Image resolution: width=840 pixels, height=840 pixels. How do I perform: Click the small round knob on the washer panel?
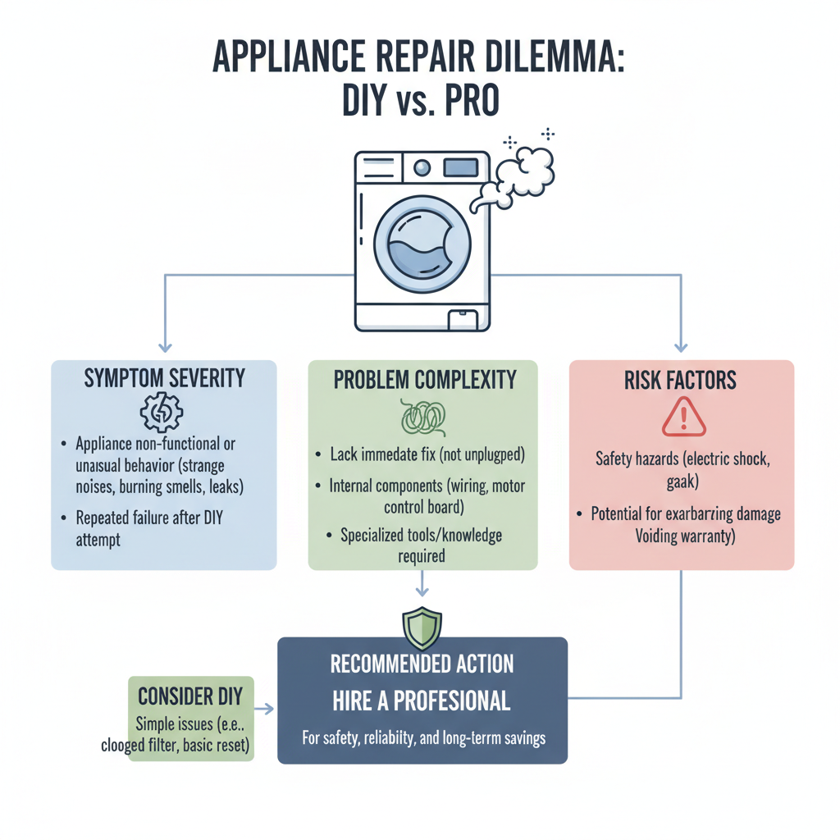click(x=422, y=168)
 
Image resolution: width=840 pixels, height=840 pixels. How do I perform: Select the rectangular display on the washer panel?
click(x=460, y=168)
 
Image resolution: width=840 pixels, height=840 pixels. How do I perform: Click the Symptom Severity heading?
click(x=164, y=378)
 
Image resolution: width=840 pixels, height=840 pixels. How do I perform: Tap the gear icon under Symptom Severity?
click(x=162, y=413)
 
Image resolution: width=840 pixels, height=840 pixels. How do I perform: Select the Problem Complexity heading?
click(x=424, y=380)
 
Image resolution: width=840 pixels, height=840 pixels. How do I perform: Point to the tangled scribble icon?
click(x=423, y=417)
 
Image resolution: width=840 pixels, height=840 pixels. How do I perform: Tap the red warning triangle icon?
click(x=683, y=417)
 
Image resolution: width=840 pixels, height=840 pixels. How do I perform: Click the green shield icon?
click(x=422, y=628)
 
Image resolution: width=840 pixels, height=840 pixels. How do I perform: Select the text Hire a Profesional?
click(x=422, y=701)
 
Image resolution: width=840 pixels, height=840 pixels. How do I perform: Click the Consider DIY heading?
click(x=190, y=696)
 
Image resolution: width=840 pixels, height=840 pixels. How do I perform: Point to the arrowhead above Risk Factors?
click(x=681, y=345)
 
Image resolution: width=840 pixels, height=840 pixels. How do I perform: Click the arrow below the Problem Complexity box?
click(x=422, y=584)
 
